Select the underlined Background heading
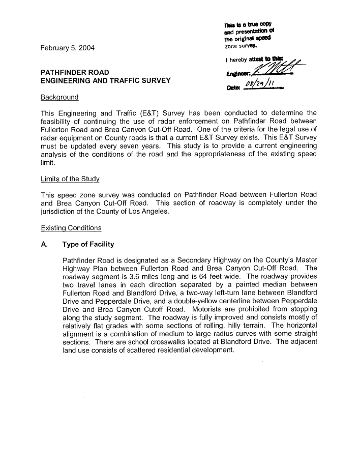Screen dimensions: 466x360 [59, 97]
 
